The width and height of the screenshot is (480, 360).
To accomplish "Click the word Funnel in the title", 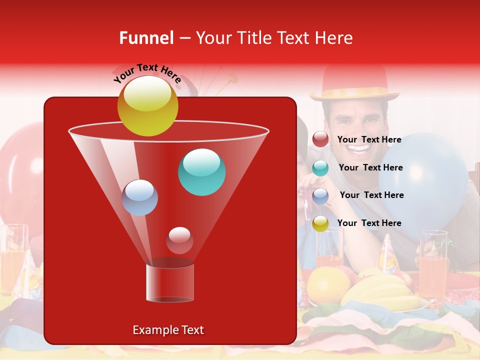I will pyautogui.click(x=146, y=38).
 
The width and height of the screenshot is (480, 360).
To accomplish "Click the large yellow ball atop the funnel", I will pyautogui.click(x=147, y=106).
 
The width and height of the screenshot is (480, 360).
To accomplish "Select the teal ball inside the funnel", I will pyautogui.click(x=201, y=172).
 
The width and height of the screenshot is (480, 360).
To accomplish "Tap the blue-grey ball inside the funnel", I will pyautogui.click(x=139, y=197).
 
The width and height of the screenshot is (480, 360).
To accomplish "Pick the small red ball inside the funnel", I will pyautogui.click(x=179, y=240).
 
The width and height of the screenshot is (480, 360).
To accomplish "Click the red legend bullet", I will pyautogui.click(x=320, y=139).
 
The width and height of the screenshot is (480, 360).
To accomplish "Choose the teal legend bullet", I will pyautogui.click(x=320, y=167).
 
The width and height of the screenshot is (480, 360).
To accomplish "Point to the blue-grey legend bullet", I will pyautogui.click(x=320, y=195).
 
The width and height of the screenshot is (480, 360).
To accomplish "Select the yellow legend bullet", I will pyautogui.click(x=320, y=223).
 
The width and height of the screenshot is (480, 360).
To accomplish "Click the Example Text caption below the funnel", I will pyautogui.click(x=168, y=330).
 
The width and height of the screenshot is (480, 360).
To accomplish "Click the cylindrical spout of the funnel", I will pyautogui.click(x=170, y=282).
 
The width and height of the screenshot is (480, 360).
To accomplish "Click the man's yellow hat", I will pyautogui.click(x=354, y=83).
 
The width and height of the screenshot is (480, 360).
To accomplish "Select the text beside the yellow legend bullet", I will pyautogui.click(x=369, y=223).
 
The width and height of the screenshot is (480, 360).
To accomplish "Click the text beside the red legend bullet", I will pyautogui.click(x=369, y=139).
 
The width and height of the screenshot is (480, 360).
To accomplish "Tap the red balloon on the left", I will pyautogui.click(x=22, y=170).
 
